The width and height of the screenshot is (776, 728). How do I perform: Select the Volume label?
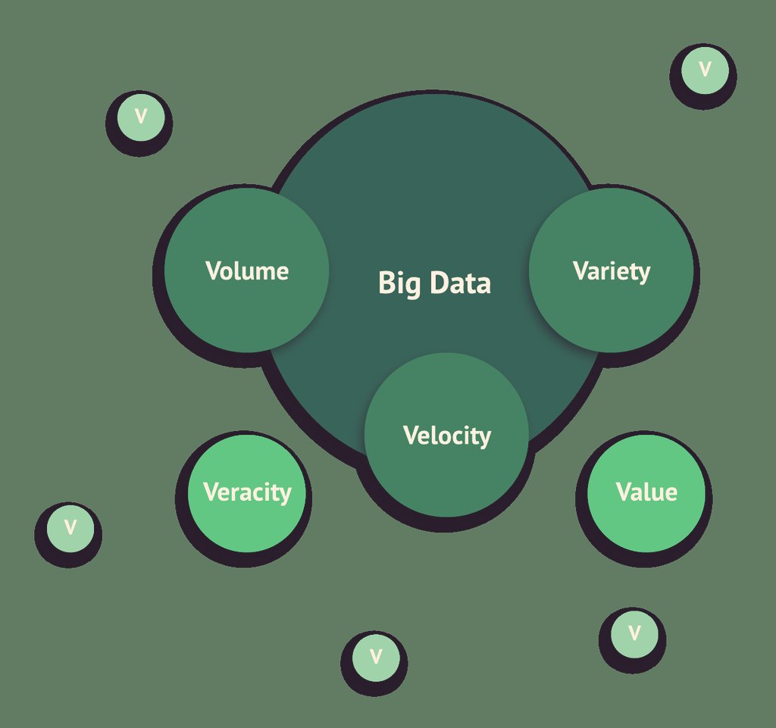coord(247,271)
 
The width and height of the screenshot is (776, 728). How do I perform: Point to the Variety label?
coord(612,271)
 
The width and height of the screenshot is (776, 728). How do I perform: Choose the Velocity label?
coord(446,436)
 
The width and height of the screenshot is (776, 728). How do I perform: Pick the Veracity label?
coord(247,492)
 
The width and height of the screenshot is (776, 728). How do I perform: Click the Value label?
coord(646,492)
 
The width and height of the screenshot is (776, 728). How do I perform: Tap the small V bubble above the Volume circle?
coord(140,117)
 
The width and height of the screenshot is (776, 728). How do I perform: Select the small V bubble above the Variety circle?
coord(705,70)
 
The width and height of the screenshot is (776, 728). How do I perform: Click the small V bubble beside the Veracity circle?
coord(70,527)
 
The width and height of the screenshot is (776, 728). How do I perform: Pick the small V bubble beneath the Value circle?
coord(635,633)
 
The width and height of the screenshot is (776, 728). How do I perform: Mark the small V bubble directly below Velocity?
coord(376,656)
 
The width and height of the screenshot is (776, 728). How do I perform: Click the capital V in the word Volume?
coord(213,271)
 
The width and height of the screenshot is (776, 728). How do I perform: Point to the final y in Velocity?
coord(484,439)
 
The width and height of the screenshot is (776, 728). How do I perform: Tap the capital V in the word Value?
coord(624,492)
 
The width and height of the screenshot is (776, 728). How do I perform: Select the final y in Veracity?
coord(285,495)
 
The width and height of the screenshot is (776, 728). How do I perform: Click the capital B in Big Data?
coord(385,283)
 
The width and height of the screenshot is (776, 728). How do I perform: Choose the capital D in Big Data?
coord(438,283)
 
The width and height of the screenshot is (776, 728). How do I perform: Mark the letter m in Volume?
coord(266,273)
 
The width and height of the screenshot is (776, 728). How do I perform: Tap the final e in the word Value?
coord(671,494)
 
